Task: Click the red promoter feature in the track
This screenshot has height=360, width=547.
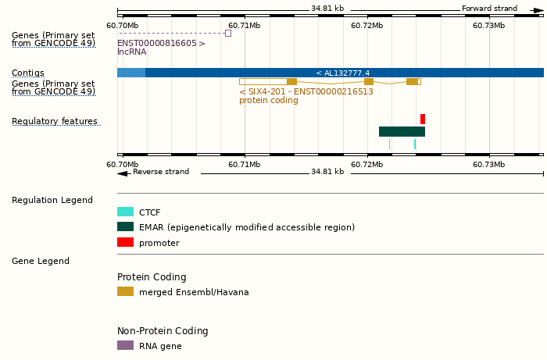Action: tap(423, 119)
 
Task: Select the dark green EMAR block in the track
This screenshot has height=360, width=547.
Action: tap(402, 131)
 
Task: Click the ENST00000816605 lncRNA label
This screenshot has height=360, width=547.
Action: tap(161, 44)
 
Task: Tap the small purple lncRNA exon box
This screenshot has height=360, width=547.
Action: tap(228, 33)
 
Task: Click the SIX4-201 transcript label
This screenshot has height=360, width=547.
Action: tap(306, 91)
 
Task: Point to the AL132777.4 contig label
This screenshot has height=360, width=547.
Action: tap(343, 73)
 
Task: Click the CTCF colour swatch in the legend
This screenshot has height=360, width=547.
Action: tap(125, 212)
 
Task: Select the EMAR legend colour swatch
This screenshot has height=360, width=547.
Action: tap(125, 227)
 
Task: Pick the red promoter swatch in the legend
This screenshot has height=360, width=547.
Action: tap(125, 243)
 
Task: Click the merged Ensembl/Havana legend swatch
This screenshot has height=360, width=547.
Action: tap(125, 291)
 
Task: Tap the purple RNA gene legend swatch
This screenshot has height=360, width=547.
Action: tap(125, 345)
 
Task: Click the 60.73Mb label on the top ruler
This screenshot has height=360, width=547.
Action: tap(489, 25)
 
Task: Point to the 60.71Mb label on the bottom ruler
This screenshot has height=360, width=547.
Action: tap(245, 164)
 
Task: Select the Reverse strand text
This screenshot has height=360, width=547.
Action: tap(160, 172)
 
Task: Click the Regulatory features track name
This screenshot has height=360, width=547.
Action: tap(55, 122)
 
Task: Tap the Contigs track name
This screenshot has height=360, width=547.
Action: tap(28, 73)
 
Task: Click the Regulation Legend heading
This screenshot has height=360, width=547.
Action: tap(52, 201)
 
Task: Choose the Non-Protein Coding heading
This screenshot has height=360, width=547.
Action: tap(163, 331)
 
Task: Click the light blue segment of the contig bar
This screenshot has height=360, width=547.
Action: tap(130, 73)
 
